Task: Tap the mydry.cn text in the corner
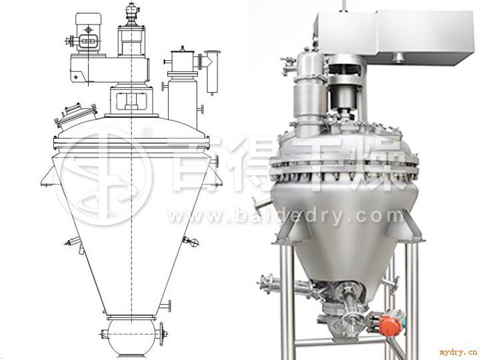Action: (x=459, y=351)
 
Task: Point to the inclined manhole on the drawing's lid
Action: (x=76, y=115)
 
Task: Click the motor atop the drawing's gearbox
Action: (x=87, y=34)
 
